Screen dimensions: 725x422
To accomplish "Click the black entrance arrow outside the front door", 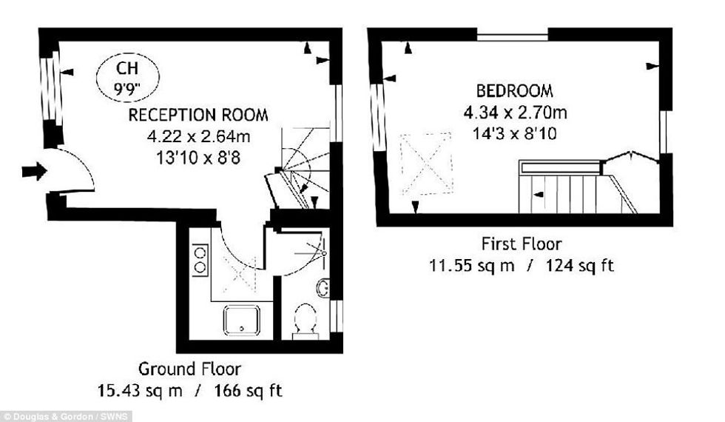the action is coord(35,171).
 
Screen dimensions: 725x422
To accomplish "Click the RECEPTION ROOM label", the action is coord(198,115).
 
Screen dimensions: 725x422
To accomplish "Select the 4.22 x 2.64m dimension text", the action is coord(198,136).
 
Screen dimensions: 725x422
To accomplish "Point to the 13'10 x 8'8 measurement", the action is coord(198,158).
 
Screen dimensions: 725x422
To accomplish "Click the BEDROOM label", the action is coord(515,91).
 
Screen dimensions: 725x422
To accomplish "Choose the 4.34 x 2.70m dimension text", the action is coord(515,113).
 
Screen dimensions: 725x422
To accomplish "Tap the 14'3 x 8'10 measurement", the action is coord(515,134).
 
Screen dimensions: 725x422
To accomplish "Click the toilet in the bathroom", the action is coord(305,320).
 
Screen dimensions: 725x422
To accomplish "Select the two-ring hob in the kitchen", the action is coord(200,260).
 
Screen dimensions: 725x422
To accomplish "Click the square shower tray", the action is coord(241,320).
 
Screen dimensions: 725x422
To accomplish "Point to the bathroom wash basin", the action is coord(323,288).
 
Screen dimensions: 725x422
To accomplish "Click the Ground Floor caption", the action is coord(189,369).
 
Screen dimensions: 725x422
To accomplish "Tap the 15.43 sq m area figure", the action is coord(140,391).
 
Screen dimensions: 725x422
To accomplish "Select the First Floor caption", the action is coord(522,244).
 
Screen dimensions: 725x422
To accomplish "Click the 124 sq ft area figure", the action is coord(580,266).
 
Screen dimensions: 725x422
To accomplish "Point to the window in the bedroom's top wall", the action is coord(512,34).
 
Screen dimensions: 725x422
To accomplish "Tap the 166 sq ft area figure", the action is coord(248,391).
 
